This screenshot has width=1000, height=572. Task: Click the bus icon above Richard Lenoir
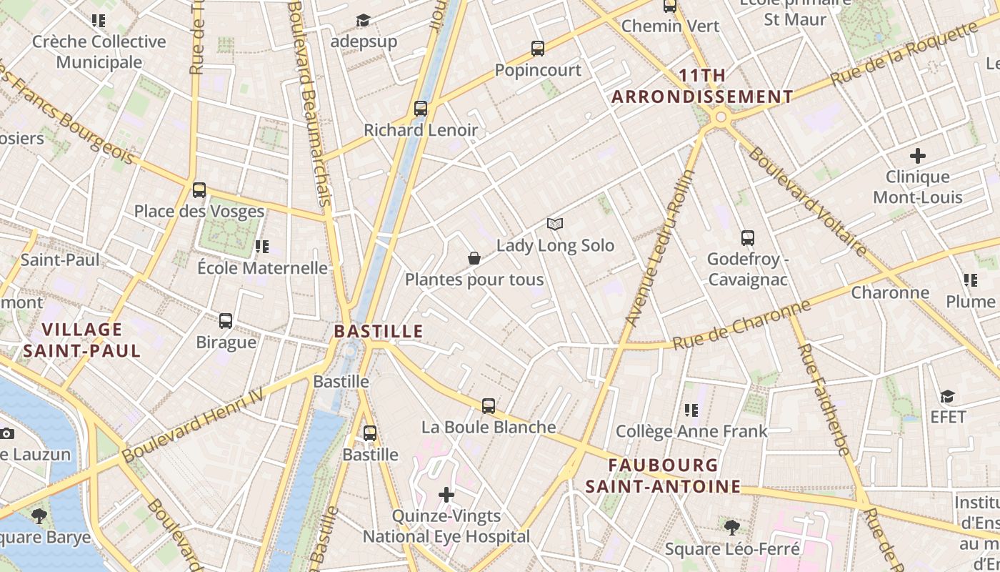(421, 109)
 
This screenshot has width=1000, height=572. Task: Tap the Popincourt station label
(539, 70)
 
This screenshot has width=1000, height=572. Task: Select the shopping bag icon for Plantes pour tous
(474, 258)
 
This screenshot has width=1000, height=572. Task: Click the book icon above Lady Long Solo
(555, 224)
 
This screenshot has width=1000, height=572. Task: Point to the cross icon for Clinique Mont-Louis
(918, 155)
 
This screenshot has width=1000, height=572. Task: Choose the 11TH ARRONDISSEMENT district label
(703, 86)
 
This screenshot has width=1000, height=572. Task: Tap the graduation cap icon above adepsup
(364, 20)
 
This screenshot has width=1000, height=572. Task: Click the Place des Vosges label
(199, 212)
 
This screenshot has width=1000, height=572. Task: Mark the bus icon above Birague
(226, 320)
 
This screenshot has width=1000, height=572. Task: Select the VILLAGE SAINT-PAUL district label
(82, 340)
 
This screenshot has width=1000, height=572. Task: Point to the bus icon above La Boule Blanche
(489, 406)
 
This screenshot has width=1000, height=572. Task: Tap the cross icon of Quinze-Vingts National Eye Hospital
(446, 495)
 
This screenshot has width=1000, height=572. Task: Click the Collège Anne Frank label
(691, 431)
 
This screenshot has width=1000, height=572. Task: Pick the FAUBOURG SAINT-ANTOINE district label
(664, 476)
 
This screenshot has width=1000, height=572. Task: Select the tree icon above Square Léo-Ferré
(731, 528)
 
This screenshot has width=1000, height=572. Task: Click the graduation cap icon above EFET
(947, 396)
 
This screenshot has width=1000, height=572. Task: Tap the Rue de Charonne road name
(741, 327)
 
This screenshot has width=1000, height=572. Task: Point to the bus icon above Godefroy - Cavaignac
(748, 238)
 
